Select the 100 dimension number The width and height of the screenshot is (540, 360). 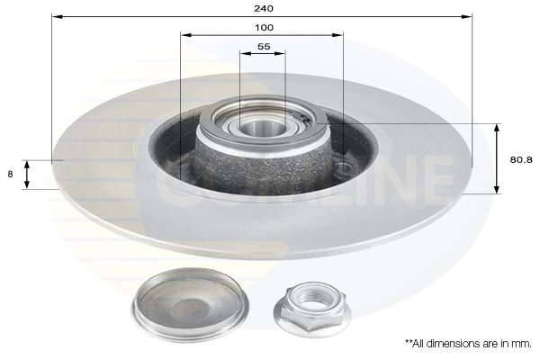[x=263, y=28]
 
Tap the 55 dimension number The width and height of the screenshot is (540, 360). [x=264, y=46]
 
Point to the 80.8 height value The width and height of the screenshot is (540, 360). [x=517, y=159]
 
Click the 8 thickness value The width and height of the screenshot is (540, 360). [x=10, y=175]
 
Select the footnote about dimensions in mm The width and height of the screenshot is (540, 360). [x=467, y=343]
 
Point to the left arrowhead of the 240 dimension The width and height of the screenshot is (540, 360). [x=55, y=16]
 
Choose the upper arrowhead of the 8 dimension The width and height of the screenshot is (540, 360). [x=27, y=164]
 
